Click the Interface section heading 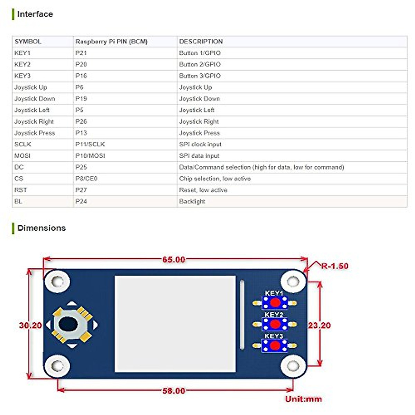pyautogui.click(x=35, y=14)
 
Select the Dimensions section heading pyautogui.click(x=41, y=228)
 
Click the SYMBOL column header pyautogui.click(x=28, y=41)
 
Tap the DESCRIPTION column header pyautogui.click(x=201, y=41)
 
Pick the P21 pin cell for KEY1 pyautogui.click(x=81, y=53)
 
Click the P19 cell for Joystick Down pyautogui.click(x=81, y=99)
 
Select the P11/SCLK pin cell pyautogui.click(x=90, y=144)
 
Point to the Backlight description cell pyautogui.click(x=192, y=201)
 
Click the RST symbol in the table pyautogui.click(x=20, y=190)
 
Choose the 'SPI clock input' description pyautogui.click(x=200, y=144)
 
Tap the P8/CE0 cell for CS pyautogui.click(x=86, y=178)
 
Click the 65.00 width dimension pyautogui.click(x=174, y=259)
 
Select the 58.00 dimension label pyautogui.click(x=174, y=391)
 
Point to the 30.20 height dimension pyautogui.click(x=30, y=325)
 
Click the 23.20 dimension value pyautogui.click(x=319, y=325)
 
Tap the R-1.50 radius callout pyautogui.click(x=334, y=266)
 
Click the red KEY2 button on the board pyautogui.click(x=275, y=324)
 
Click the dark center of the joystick pyautogui.click(x=68, y=324)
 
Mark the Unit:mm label pyautogui.click(x=303, y=399)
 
